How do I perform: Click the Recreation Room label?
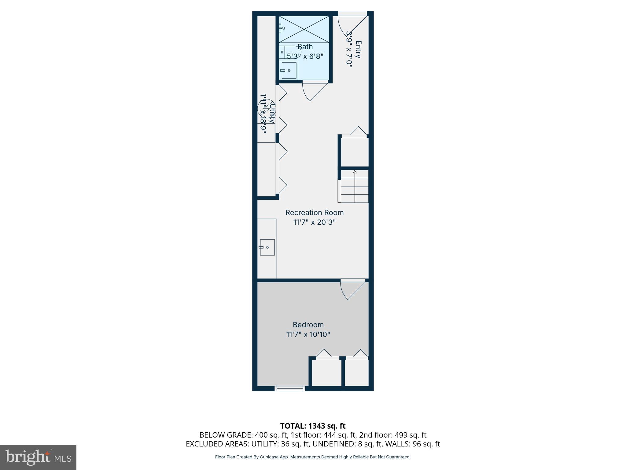click(x=314, y=212)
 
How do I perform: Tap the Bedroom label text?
click(x=308, y=325)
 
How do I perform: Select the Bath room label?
click(x=305, y=47)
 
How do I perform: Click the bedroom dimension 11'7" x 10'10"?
click(x=308, y=334)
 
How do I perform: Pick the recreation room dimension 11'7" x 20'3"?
click(x=314, y=222)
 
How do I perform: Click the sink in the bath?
click(x=289, y=71)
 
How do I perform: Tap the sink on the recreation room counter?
click(x=267, y=247)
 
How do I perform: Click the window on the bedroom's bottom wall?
click(x=289, y=389)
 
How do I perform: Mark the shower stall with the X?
click(x=304, y=29)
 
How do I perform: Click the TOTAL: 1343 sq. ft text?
click(x=313, y=426)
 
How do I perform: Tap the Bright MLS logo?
click(x=38, y=457)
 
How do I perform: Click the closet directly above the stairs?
click(x=355, y=152)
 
